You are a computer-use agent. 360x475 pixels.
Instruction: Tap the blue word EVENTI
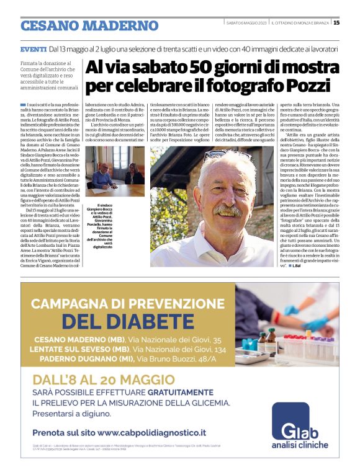[x=33, y=48]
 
